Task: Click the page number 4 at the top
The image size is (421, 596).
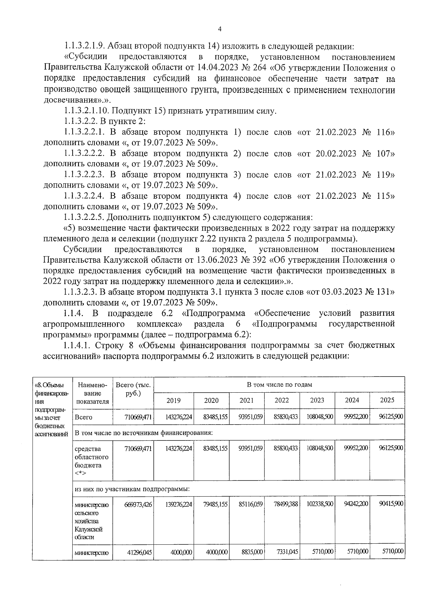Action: pyautogui.click(x=220, y=30)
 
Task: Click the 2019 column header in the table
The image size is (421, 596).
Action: pyautogui.click(x=173, y=400)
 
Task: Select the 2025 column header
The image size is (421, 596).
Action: pyautogui.click(x=387, y=400)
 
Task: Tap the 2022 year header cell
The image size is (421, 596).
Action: pyautogui.click(x=281, y=400)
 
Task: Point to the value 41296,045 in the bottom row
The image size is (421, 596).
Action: pyautogui.click(x=139, y=552)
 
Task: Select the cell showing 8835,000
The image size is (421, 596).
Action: pyautogui.click(x=252, y=552)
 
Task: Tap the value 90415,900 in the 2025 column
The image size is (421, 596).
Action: pyautogui.click(x=391, y=504)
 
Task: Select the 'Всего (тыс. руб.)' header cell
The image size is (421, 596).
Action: pyautogui.click(x=133, y=389)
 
